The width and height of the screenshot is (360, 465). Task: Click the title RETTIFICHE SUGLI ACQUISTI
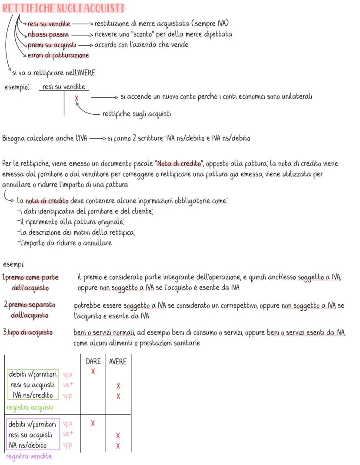(64, 8)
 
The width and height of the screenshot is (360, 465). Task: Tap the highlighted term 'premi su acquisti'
(52, 45)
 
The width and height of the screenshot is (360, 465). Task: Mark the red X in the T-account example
(77, 99)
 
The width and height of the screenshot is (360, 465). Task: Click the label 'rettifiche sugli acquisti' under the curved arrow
(137, 114)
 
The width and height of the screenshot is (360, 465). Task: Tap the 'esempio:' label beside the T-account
(17, 87)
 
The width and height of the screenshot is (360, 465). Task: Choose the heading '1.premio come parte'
(30, 277)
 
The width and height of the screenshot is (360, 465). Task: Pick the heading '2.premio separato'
(30, 305)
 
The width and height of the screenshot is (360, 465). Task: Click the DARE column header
(93, 362)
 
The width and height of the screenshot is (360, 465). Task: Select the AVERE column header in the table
(117, 362)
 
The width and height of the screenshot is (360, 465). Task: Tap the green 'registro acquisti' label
(30, 407)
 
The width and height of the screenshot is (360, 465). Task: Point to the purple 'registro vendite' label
(29, 456)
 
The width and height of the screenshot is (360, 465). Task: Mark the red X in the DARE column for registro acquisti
(93, 372)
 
